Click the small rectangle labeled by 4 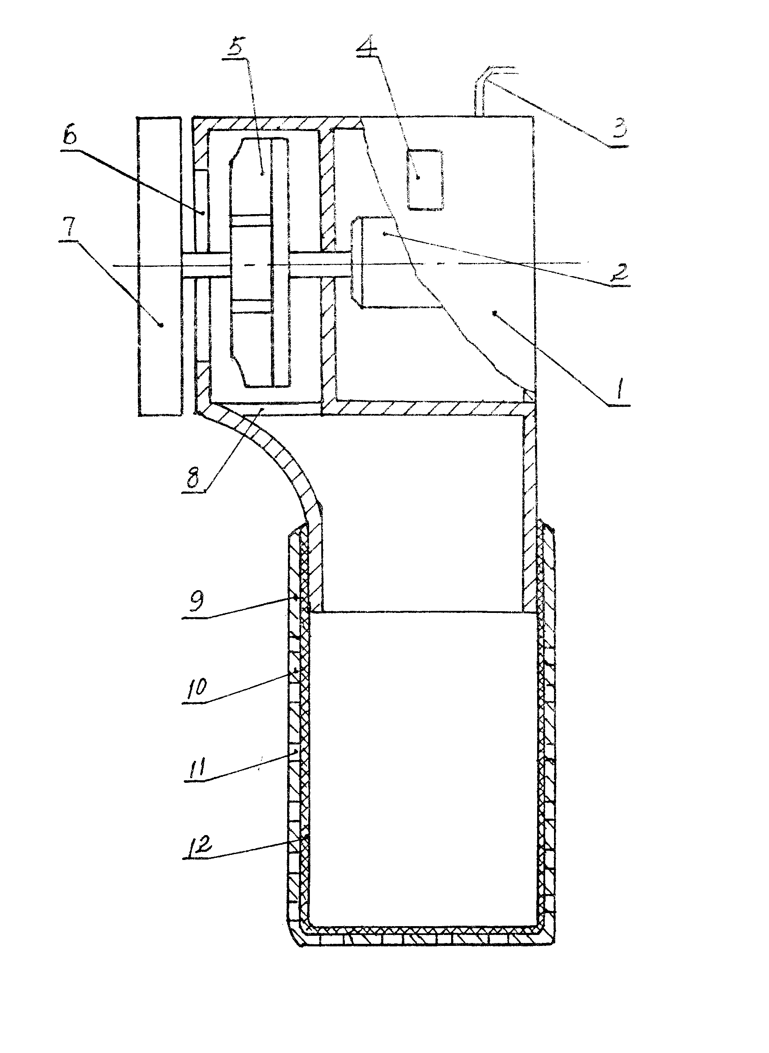[x=425, y=180]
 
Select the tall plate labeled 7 [x=159, y=266]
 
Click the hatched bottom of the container [x=421, y=935]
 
